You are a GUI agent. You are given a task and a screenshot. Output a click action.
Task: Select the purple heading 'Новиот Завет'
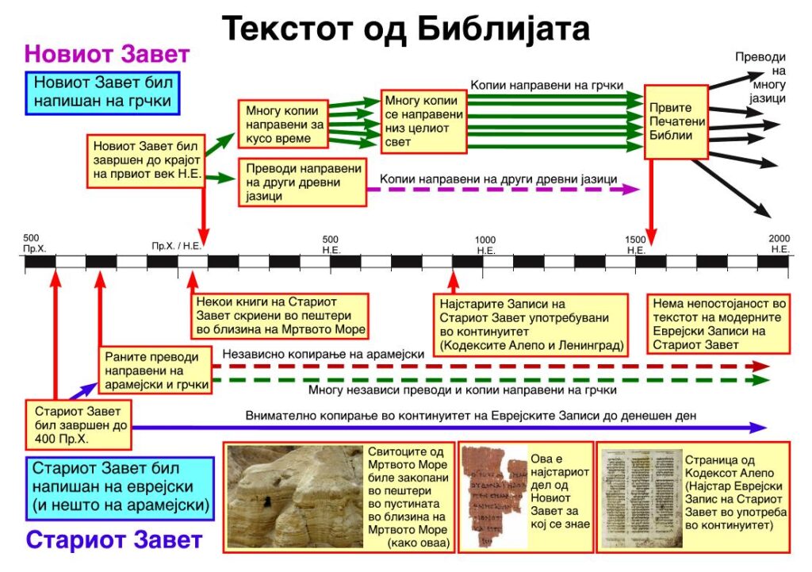[107, 54]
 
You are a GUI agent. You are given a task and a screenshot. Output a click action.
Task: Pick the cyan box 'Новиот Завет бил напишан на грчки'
[102, 92]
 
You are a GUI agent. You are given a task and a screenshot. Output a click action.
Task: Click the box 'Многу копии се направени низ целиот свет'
[423, 121]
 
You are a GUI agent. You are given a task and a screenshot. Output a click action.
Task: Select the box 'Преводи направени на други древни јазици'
[303, 182]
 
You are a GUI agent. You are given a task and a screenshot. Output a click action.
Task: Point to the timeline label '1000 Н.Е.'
[485, 245]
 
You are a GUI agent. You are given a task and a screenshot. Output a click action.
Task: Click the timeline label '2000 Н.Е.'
[779, 244]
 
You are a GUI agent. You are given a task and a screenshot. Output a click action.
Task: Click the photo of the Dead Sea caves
[294, 495]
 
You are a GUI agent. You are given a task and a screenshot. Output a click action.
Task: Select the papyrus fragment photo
[493, 497]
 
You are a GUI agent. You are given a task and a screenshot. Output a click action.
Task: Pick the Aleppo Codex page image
[633, 497]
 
